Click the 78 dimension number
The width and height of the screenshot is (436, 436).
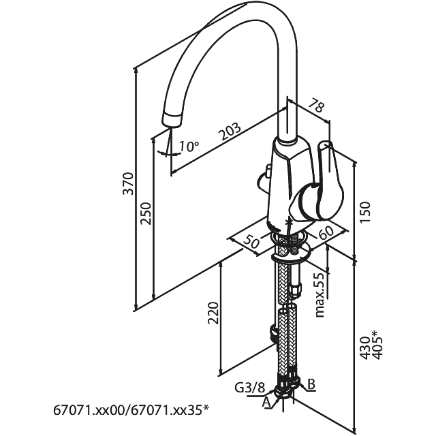point(317,106)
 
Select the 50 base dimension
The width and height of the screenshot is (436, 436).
point(251,240)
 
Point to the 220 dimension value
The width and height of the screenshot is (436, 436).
point(213,314)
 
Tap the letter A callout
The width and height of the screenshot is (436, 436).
point(266,403)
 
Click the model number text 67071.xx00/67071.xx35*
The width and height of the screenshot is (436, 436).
point(131,409)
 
